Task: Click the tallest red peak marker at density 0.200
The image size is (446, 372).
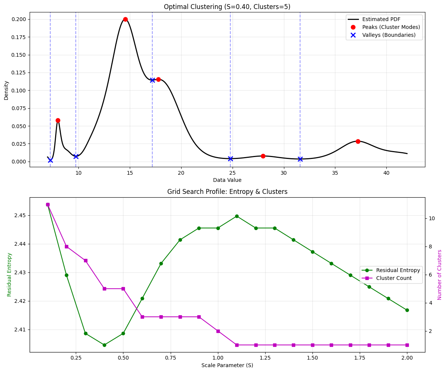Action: point(125,19)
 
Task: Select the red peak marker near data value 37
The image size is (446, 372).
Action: point(358,141)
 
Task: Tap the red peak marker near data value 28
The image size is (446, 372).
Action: point(263,156)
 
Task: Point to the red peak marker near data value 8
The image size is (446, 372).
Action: point(58,120)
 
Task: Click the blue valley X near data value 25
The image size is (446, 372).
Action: point(230,159)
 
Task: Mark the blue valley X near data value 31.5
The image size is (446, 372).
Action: point(300,159)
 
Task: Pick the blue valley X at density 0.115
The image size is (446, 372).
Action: point(152,80)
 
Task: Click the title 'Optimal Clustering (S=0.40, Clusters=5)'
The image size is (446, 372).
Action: point(227,7)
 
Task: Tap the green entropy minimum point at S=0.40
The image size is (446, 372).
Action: point(104,345)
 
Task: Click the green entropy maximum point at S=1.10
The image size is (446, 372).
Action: point(237,216)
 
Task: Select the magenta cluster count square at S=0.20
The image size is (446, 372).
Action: point(66,246)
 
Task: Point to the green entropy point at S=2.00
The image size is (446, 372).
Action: point(407,310)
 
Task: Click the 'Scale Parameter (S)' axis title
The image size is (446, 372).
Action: point(227,365)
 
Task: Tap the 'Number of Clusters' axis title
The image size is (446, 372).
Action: point(440,275)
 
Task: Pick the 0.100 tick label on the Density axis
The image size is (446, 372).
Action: point(19,91)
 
